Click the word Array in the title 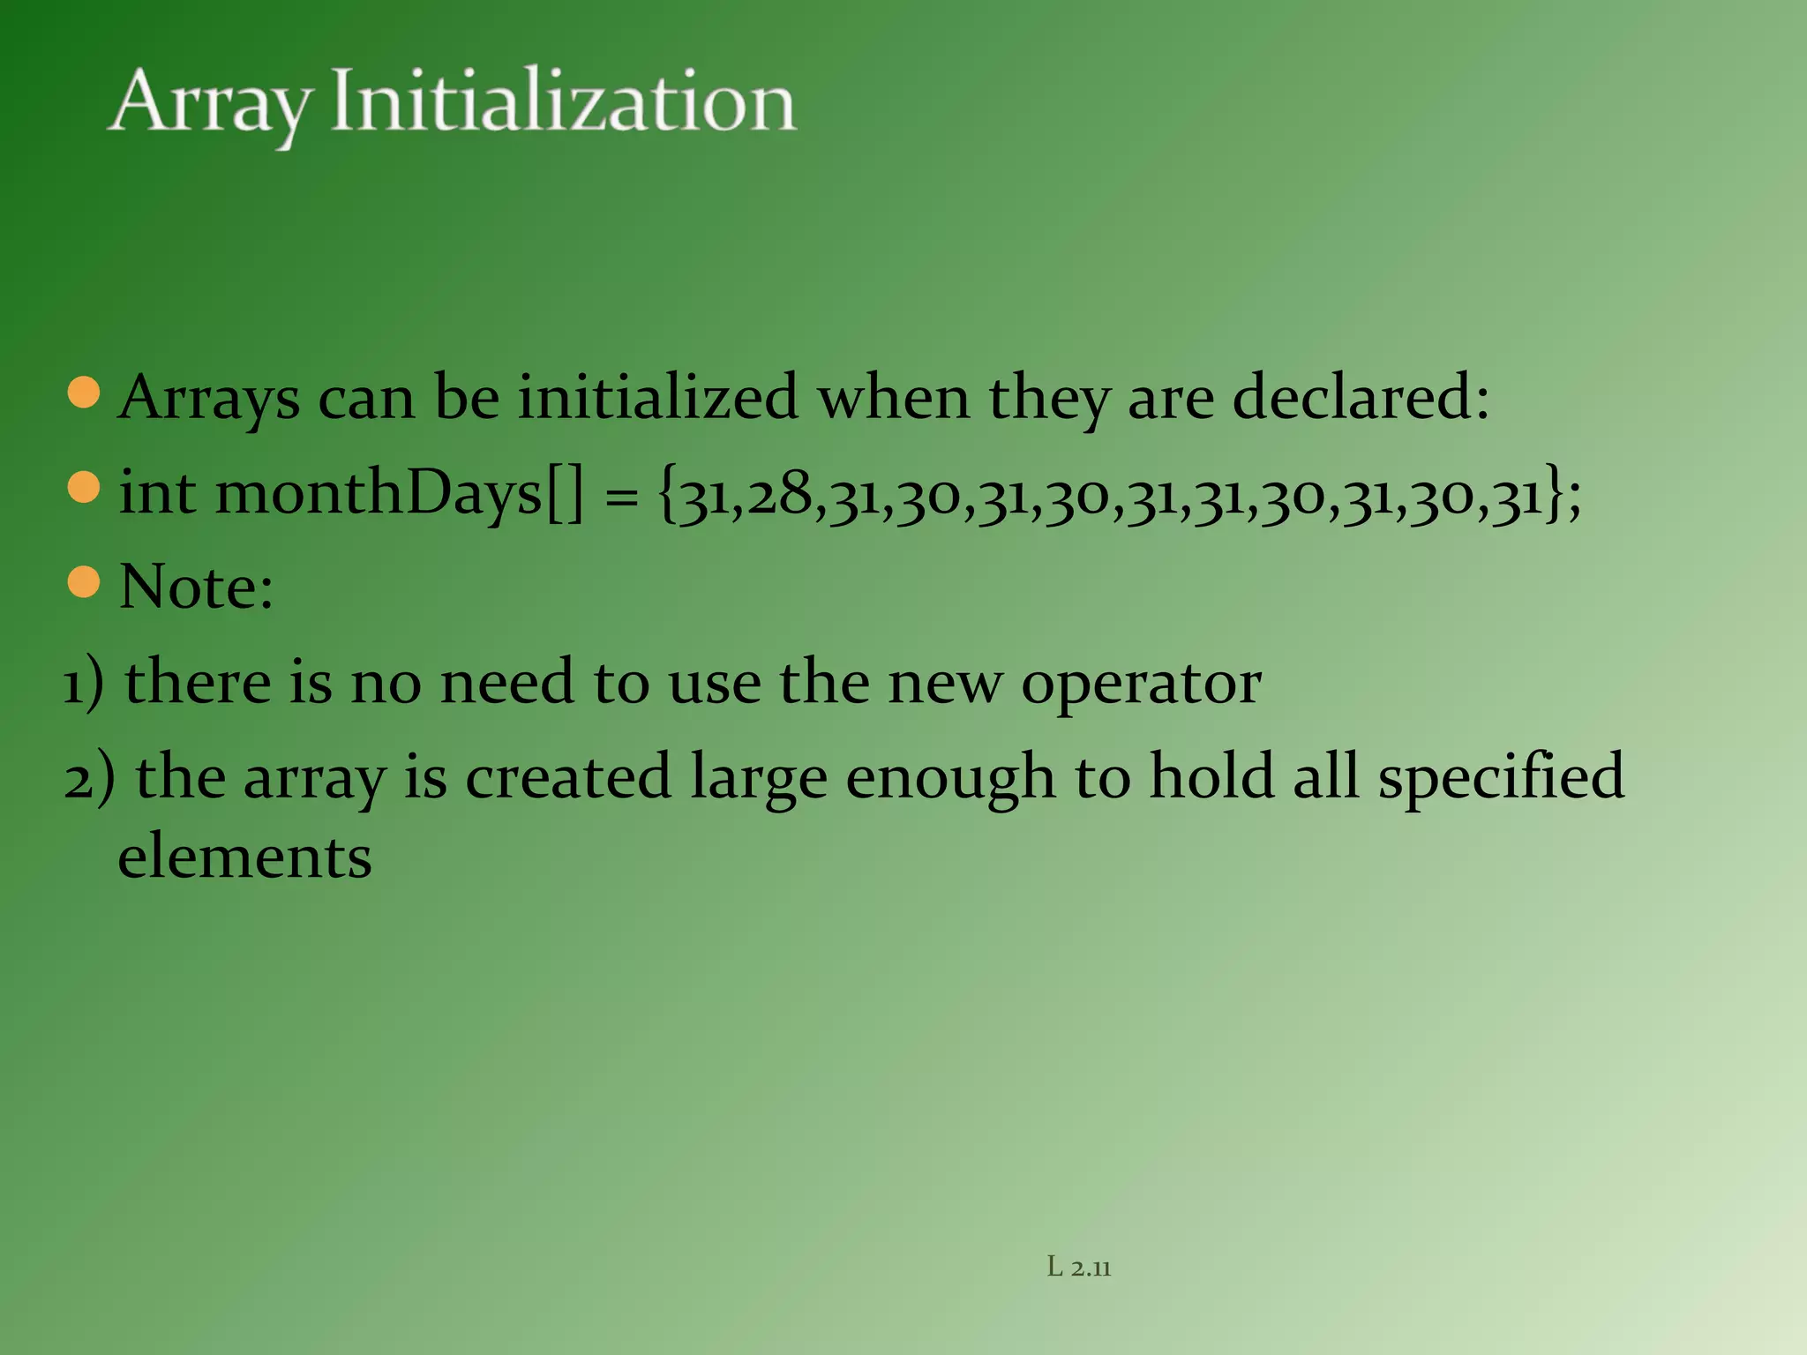(210, 104)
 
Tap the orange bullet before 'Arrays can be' (84, 393)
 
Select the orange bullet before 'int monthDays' (84, 487)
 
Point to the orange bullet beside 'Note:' (84, 582)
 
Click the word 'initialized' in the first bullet (657, 397)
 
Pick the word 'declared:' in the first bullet (1360, 397)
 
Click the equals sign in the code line (621, 498)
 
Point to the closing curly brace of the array (1554, 494)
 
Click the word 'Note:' (196, 587)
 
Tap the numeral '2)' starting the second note (89, 779)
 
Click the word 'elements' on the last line (244, 857)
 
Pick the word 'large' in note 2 (759, 779)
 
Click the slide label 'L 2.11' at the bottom (1078, 1268)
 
